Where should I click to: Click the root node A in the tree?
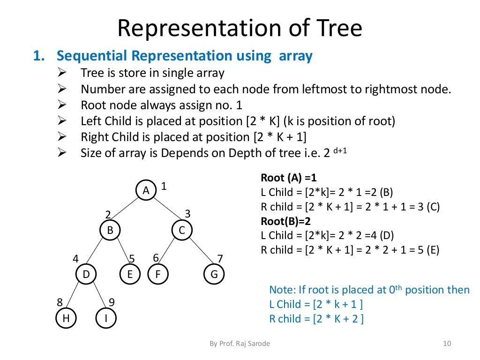tap(146, 190)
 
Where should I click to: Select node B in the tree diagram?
tap(110, 230)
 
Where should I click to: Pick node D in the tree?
tap(86, 274)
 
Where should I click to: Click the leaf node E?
tap(130, 274)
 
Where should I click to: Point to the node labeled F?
tap(158, 274)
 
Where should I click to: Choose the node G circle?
tap(214, 274)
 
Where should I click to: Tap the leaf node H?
tap(66, 318)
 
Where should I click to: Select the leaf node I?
tap(106, 318)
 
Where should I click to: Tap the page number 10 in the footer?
tap(446, 344)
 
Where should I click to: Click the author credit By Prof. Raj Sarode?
tap(240, 344)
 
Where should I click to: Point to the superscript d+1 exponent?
tap(339, 151)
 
